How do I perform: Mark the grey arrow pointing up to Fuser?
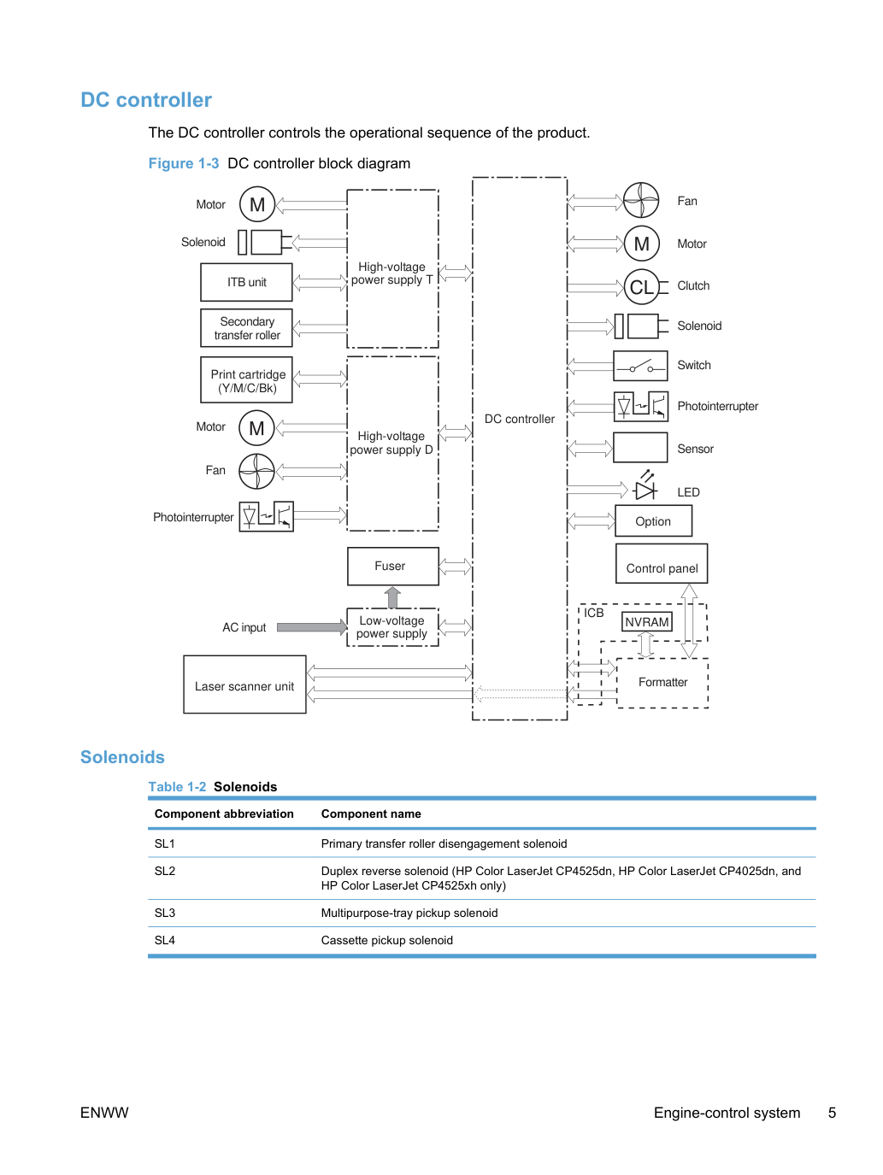pos(392,596)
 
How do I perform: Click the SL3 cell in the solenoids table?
pos(165,913)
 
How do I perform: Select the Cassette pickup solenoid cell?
pos(386,940)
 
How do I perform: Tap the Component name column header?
pos(370,814)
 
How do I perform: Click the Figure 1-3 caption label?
pos(184,163)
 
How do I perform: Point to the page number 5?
pos(832,1113)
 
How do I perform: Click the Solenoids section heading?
pos(122,757)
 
